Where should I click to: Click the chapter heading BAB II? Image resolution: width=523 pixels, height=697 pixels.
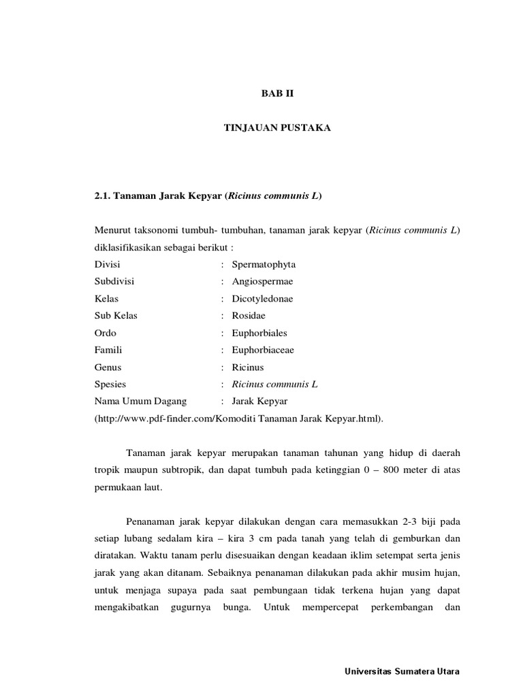[x=277, y=93]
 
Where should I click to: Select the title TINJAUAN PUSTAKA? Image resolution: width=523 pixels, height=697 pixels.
[x=277, y=128]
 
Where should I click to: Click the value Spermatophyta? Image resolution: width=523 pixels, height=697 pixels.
[x=264, y=264]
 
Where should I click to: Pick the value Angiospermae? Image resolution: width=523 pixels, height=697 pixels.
[x=262, y=281]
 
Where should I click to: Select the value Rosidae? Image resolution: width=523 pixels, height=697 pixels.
[x=249, y=315]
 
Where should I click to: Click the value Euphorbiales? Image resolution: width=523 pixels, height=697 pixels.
[x=259, y=333]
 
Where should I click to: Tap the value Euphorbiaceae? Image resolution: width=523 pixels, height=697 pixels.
[x=263, y=350]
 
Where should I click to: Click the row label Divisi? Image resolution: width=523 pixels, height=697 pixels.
[x=107, y=264]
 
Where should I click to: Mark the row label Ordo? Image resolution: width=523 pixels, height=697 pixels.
[x=106, y=333]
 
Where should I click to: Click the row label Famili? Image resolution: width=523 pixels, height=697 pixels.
[x=108, y=350]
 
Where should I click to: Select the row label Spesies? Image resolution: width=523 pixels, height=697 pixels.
[x=110, y=384]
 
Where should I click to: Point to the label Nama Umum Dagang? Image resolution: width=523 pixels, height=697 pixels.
[x=140, y=401]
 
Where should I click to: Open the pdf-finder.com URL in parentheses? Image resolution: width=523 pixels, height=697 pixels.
[x=239, y=419]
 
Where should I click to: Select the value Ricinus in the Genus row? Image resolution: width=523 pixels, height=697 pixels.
[x=248, y=367]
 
